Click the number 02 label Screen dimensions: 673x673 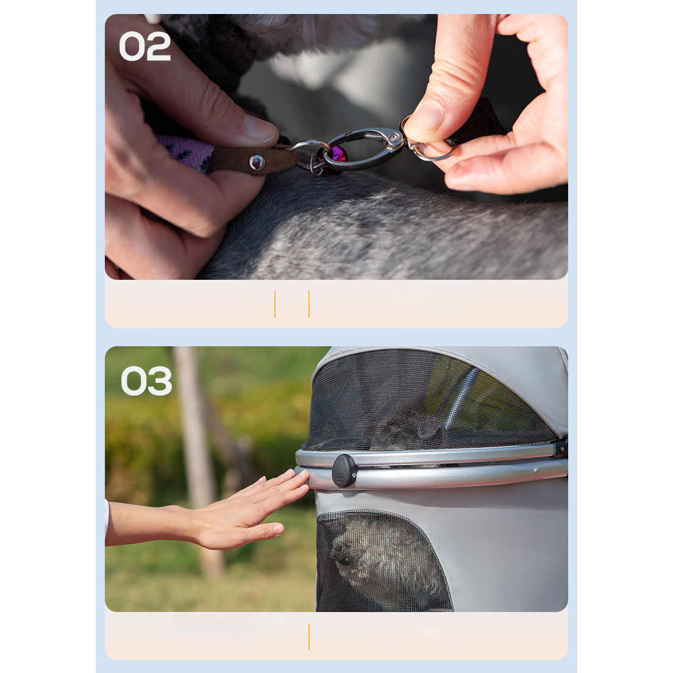(x=144, y=46)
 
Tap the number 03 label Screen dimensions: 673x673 (x=146, y=381)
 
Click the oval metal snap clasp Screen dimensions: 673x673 (x=364, y=148)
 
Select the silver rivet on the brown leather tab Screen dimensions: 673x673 (x=257, y=162)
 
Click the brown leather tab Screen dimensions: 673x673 (x=252, y=160)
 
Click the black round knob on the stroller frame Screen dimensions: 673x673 (x=344, y=471)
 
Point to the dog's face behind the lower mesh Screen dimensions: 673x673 (x=346, y=554)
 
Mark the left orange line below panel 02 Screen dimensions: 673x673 (x=275, y=304)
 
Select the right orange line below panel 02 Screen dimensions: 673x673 (x=309, y=304)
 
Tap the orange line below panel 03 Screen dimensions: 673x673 (x=309, y=636)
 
